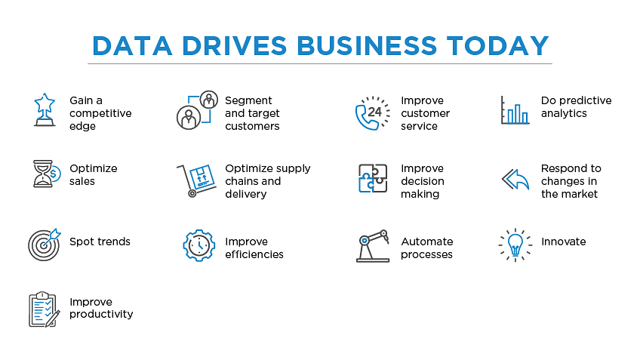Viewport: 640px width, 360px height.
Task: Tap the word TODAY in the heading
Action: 497,45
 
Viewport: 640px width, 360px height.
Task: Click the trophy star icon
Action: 45,110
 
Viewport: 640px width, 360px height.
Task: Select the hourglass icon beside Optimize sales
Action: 45,174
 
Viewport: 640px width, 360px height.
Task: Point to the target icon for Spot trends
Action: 44,244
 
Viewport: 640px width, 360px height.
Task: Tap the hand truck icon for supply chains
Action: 195,180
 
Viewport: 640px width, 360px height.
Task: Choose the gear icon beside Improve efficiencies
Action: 198,246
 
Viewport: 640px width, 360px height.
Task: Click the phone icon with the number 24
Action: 372,113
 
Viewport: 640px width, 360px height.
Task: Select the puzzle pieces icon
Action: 372,179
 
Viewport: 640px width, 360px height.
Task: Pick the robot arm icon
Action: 372,246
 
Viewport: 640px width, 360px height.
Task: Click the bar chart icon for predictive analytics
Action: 515,110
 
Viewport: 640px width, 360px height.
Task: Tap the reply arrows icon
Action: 515,180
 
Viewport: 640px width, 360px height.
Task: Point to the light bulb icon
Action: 515,245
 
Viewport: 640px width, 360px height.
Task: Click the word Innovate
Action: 563,242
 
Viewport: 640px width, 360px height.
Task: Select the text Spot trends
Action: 100,242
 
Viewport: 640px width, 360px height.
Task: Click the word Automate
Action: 426,242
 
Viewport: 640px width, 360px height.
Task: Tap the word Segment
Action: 248,100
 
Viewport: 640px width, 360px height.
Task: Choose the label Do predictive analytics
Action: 576,106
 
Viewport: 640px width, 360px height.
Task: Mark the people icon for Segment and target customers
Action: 197,111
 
